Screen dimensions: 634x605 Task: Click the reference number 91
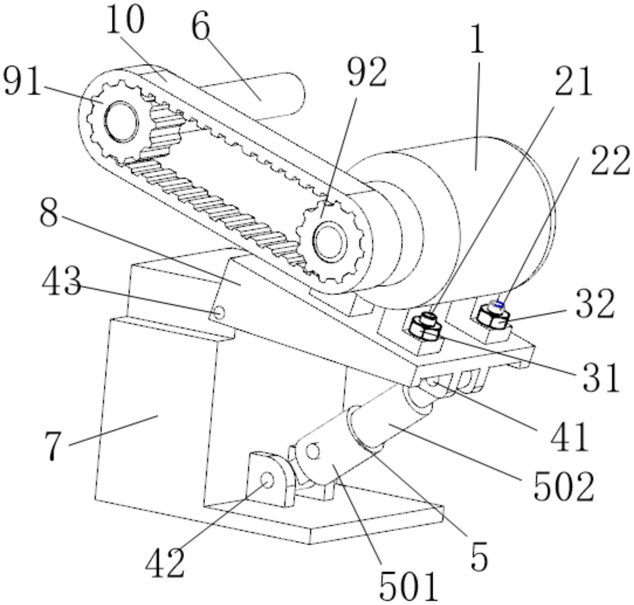(21, 82)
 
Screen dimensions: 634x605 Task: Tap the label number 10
(125, 20)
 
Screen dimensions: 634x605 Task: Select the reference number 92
(367, 73)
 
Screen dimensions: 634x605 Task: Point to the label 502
(563, 486)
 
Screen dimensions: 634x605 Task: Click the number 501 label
(408, 586)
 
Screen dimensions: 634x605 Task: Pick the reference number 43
(61, 281)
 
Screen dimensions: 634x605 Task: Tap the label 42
(165, 563)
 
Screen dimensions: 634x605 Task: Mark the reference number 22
(610, 161)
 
